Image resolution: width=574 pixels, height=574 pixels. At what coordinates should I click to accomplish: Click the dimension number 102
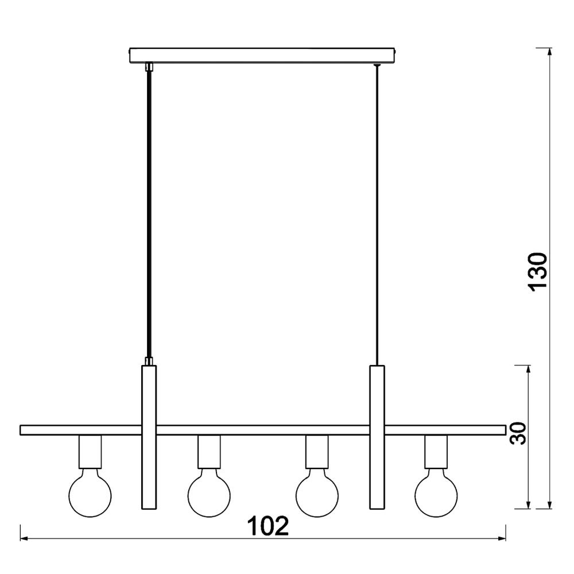(268, 526)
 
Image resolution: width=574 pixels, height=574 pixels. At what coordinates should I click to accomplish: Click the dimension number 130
(538, 270)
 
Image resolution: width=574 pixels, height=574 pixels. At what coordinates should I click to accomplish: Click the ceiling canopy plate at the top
(262, 55)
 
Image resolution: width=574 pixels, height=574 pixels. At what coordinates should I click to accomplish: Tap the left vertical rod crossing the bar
(149, 437)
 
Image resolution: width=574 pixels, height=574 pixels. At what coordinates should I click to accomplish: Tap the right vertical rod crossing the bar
(377, 437)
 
